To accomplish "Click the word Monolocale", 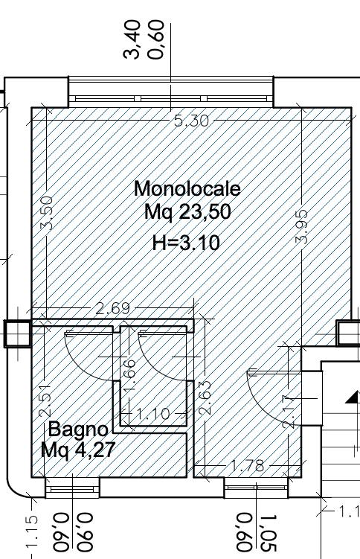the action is [187, 188].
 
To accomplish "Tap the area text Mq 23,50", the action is [187, 211].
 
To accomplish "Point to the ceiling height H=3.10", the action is [186, 243].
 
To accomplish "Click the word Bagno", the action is [78, 429].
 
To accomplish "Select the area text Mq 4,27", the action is [77, 450].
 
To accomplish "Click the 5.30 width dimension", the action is [191, 121].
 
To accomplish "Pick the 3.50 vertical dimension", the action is [47, 213].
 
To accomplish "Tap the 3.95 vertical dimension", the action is [301, 227].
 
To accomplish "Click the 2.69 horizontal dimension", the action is [113, 308].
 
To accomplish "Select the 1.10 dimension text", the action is [152, 414].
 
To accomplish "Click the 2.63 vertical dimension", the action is [205, 398].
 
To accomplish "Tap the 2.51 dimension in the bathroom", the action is [45, 400].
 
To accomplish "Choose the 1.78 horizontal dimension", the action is [248, 465].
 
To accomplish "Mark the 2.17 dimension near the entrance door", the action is [289, 412].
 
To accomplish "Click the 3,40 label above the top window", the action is [132, 39].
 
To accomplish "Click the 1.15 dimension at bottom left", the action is [31, 531].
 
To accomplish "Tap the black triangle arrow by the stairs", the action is [353, 397].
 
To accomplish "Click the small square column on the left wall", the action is [17, 333].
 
